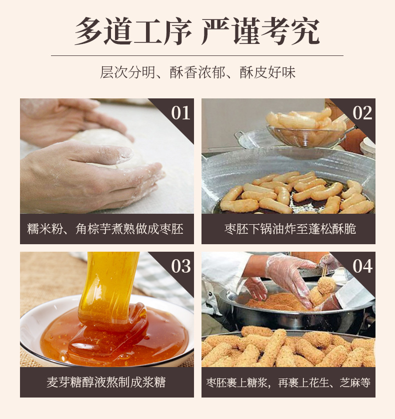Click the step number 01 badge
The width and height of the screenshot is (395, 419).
pos(180,112)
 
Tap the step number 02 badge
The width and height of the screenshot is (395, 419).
pos(362,112)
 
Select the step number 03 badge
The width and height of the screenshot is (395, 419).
pos(180,266)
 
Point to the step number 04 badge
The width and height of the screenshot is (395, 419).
pos(362,266)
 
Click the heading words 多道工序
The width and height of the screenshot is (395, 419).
pos(133,31)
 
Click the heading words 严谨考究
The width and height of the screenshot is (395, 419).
pos(260,31)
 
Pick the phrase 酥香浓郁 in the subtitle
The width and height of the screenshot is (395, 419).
pos(197,72)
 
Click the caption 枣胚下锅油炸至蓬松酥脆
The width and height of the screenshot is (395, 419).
pos(288,229)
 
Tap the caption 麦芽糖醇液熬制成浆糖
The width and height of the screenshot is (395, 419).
pos(106,383)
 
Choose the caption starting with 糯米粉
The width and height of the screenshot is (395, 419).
pos(106,229)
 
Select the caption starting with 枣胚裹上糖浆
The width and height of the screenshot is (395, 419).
pos(288,383)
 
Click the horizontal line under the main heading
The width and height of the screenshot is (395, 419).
pos(197,55)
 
